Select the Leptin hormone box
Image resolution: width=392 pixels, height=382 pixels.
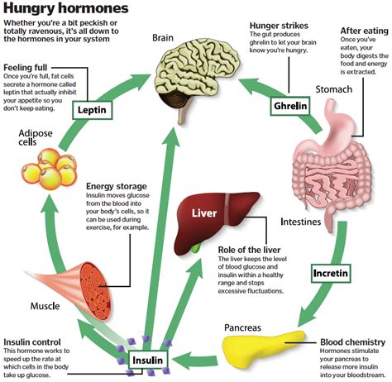(x=92, y=109)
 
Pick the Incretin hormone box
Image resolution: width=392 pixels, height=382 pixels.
(x=331, y=272)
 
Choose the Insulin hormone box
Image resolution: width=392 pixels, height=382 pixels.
(x=150, y=360)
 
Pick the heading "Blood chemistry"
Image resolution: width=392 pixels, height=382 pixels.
(x=354, y=341)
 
